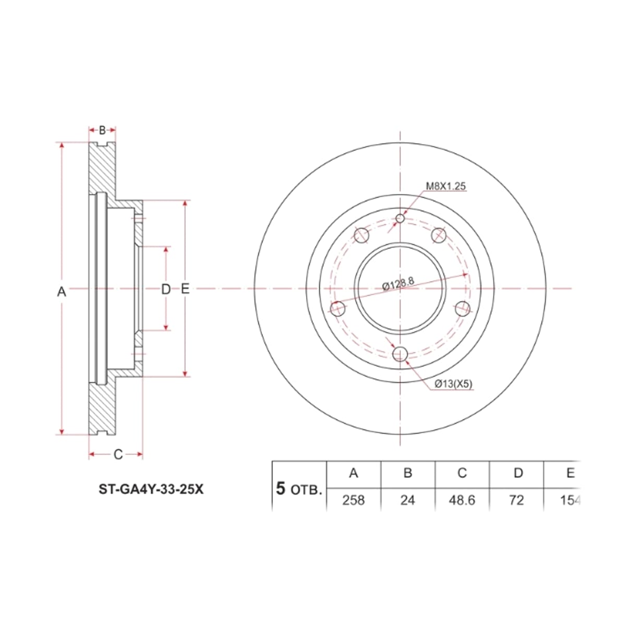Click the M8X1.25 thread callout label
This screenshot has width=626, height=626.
click(x=446, y=186)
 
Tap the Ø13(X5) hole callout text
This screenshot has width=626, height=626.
click(x=453, y=384)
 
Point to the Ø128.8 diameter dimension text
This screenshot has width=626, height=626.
click(x=398, y=284)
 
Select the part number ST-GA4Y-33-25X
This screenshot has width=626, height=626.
click(x=151, y=489)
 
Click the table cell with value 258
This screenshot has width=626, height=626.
click(x=354, y=500)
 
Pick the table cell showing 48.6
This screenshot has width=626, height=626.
click(x=462, y=500)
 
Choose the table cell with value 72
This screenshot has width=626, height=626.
click(x=516, y=500)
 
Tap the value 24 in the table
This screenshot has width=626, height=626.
click(x=408, y=500)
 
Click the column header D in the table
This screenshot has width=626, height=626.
click(x=518, y=473)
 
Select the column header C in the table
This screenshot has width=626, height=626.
click(x=462, y=473)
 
